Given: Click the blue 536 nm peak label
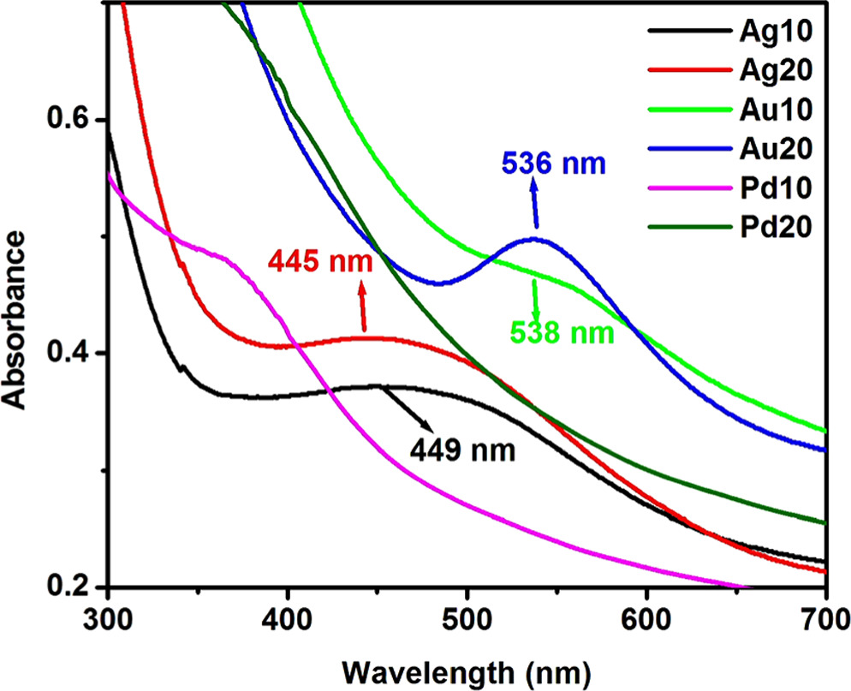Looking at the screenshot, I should pos(554,162).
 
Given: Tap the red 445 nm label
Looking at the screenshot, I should pos(320,260).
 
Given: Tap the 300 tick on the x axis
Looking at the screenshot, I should pos(108,617).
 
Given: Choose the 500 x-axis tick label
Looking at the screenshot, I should pos(467,617).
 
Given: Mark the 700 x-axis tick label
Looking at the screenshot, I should pos(824,617).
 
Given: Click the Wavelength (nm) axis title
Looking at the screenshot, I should pos(467,665).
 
